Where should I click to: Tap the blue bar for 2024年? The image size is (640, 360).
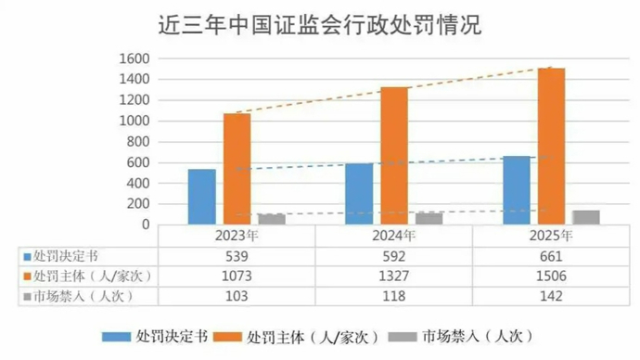tap(359, 194)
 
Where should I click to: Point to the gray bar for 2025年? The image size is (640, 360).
tap(586, 217)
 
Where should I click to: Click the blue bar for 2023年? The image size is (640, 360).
tap(201, 197)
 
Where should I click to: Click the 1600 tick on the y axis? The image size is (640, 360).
tap(134, 58)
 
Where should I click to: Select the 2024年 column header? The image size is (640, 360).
tap(393, 236)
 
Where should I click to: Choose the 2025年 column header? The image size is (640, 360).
tap(550, 236)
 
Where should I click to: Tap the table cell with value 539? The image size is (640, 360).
tap(236, 255)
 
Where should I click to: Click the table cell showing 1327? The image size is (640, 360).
tap(393, 276)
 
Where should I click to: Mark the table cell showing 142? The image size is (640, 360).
tap(550, 296)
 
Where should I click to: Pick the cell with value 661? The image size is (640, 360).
tap(550, 255)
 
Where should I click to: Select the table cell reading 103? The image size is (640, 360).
tap(236, 296)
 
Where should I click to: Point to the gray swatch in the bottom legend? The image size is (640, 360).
tap(400, 336)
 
